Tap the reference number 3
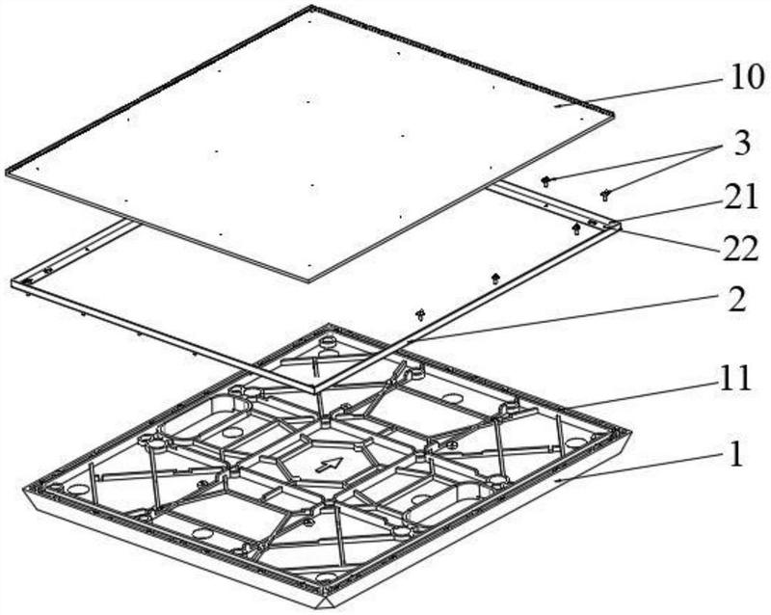tap(742, 144)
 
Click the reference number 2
tap(737, 300)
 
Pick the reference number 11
tap(736, 379)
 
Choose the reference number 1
tap(736, 454)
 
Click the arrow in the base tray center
tap(329, 464)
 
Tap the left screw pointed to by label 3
tap(545, 181)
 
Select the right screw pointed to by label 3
tap(605, 195)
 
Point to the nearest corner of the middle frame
tap(315, 391)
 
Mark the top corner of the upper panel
tap(311, 7)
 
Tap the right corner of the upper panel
tap(615, 114)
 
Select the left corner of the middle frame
tap(12, 282)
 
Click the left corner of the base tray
tap(23, 490)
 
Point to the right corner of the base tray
tap(631, 430)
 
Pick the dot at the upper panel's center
tap(308, 102)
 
